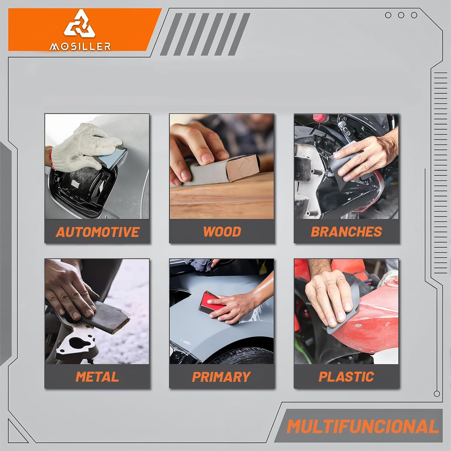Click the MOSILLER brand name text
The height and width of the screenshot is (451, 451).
[x=80, y=46]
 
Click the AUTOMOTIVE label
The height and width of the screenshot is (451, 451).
[x=97, y=232]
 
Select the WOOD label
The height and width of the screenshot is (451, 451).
[x=222, y=232]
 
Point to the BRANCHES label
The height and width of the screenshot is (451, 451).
[x=346, y=232]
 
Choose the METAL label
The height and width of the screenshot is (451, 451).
[x=97, y=377]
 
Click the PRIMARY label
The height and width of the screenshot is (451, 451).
[x=221, y=377]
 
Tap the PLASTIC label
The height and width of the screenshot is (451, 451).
[x=346, y=377]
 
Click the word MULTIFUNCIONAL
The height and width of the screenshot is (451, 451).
[x=363, y=426]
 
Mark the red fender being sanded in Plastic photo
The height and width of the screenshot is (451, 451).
[x=373, y=319]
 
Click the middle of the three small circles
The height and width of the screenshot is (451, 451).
[x=401, y=15]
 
